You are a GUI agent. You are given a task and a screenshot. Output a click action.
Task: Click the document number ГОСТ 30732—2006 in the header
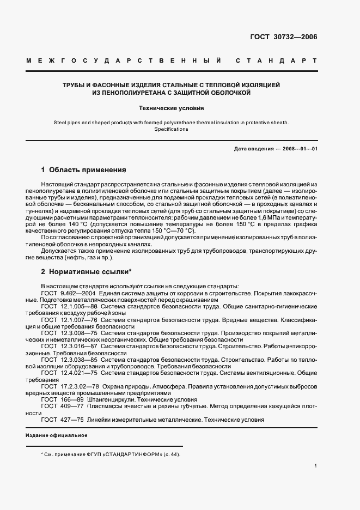tap(284, 37)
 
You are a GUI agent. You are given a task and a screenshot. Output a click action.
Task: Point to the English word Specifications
tap(171, 129)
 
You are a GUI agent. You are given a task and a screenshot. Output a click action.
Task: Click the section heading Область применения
tap(87, 169)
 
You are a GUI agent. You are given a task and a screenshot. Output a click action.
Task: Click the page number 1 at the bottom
tap(316, 466)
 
